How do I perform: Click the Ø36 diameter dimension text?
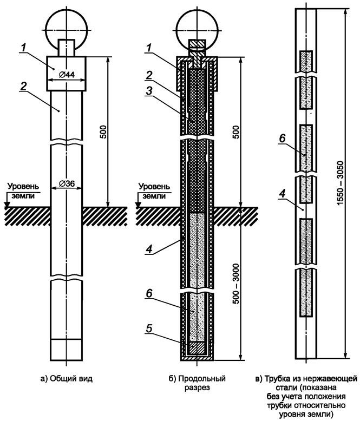pos(66,184)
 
